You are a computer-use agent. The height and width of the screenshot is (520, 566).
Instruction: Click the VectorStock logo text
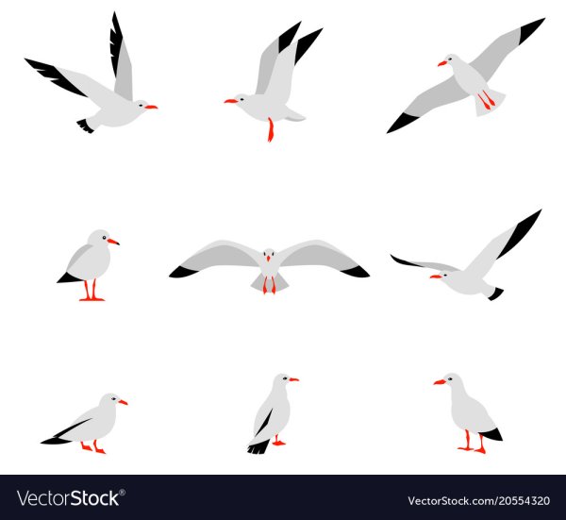[x=69, y=498]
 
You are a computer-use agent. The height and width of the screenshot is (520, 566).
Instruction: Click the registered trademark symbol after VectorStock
[x=123, y=493]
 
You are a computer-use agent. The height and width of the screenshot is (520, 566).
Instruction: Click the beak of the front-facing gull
[x=268, y=259]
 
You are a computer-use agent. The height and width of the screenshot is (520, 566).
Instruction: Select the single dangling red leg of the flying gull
[x=271, y=129]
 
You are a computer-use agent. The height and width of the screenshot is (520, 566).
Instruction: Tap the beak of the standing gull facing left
[x=440, y=381]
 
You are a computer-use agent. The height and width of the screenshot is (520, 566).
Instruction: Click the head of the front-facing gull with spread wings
[x=268, y=255]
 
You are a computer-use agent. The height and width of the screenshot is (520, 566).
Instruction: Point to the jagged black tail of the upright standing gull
[x=258, y=446]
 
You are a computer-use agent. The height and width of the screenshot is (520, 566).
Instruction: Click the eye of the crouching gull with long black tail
[x=114, y=398]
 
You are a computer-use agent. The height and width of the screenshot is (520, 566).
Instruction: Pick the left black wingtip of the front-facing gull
[x=183, y=272]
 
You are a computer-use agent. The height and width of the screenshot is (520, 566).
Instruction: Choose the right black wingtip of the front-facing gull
[x=356, y=271]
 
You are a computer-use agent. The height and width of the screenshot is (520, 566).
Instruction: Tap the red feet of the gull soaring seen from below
[x=487, y=100]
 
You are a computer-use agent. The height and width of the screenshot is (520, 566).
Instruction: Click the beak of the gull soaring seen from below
[x=442, y=63]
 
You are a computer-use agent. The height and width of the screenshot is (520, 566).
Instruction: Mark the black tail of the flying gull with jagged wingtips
[x=86, y=126]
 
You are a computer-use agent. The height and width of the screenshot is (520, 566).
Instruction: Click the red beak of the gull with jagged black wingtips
[x=151, y=107]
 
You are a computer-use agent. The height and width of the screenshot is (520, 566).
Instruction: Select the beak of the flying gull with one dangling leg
[x=231, y=101]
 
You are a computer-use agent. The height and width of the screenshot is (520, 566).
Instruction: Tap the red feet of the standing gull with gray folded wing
[x=92, y=291]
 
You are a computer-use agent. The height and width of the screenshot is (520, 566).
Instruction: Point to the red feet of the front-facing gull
[x=269, y=285]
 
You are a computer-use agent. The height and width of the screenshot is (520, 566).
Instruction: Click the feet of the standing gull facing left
[x=473, y=442]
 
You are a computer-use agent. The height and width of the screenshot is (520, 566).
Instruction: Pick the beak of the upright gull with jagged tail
[x=293, y=379]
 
